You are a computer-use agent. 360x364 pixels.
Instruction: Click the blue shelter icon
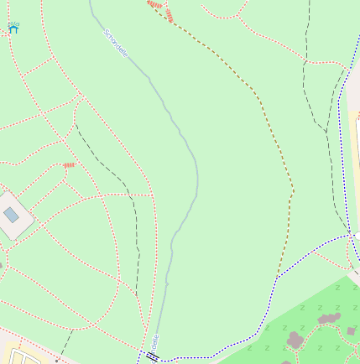(13, 28)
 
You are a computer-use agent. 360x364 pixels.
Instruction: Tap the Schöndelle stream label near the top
(116, 44)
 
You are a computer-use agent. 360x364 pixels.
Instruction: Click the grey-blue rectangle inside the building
(11, 215)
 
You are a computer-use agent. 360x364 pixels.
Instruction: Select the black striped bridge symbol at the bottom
(152, 356)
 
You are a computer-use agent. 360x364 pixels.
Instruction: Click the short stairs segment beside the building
(68, 165)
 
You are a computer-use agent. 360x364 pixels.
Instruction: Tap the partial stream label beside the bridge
(154, 341)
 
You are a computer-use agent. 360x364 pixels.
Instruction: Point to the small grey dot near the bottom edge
(56, 360)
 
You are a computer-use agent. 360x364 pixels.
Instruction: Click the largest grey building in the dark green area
(295, 339)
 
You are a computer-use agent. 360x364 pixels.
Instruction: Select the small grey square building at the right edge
(351, 331)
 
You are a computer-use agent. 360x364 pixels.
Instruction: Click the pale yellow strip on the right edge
(355, 168)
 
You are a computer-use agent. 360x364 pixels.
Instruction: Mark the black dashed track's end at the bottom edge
(62, 352)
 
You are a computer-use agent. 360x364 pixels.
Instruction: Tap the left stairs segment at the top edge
(154, 4)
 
